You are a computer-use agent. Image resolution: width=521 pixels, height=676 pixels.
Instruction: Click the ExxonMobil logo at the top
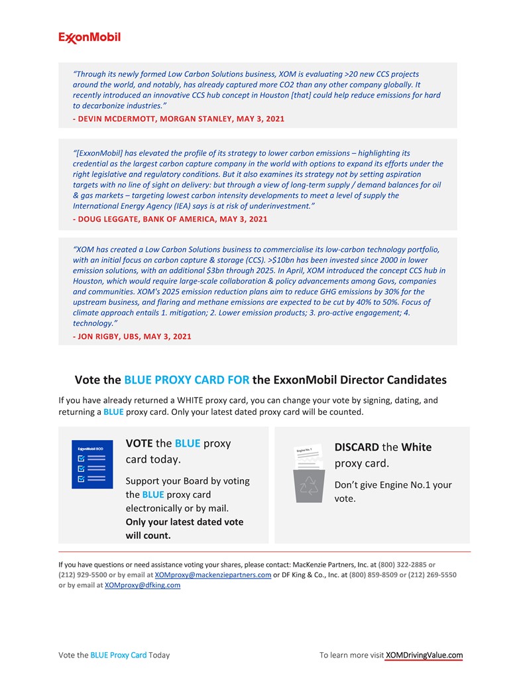(x=89, y=38)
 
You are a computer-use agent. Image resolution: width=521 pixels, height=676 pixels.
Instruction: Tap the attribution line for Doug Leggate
(x=170, y=219)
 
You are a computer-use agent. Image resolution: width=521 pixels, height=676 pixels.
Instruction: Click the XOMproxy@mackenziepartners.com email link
(x=213, y=575)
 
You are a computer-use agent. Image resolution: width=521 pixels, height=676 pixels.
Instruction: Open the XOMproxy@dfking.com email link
(x=143, y=585)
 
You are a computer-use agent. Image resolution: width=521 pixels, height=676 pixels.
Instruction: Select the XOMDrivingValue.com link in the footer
(x=424, y=655)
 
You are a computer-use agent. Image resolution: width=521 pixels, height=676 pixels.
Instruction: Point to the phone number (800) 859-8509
(x=373, y=575)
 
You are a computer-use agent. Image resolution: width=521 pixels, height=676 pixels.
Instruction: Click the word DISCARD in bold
(x=357, y=447)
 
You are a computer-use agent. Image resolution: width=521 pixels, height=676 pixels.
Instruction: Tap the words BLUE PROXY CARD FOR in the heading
(x=187, y=380)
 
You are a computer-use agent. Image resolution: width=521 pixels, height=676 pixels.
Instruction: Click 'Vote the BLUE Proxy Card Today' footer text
(x=114, y=655)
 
